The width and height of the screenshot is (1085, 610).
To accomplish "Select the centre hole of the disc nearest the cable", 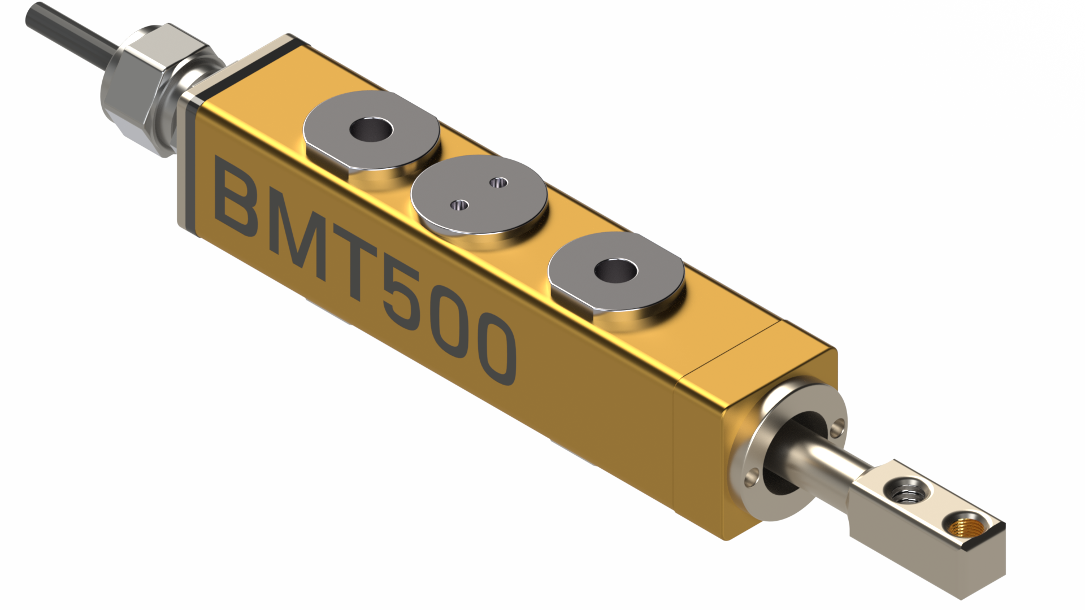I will click(x=371, y=130).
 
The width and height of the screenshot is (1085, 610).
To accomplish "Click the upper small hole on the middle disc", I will click(x=498, y=182).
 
